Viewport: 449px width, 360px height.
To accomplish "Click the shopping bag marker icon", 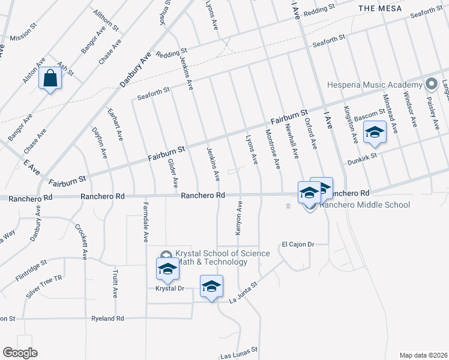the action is [50, 78].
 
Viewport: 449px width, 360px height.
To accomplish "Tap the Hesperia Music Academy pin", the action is [430, 84].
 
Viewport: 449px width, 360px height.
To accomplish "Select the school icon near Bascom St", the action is [375, 132].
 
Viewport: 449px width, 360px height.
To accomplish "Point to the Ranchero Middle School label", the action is [364, 205].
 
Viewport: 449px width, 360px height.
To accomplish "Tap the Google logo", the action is [19, 353].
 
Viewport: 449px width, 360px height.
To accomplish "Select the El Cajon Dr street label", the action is [298, 244].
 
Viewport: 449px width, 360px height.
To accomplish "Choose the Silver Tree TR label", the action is [44, 287].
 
